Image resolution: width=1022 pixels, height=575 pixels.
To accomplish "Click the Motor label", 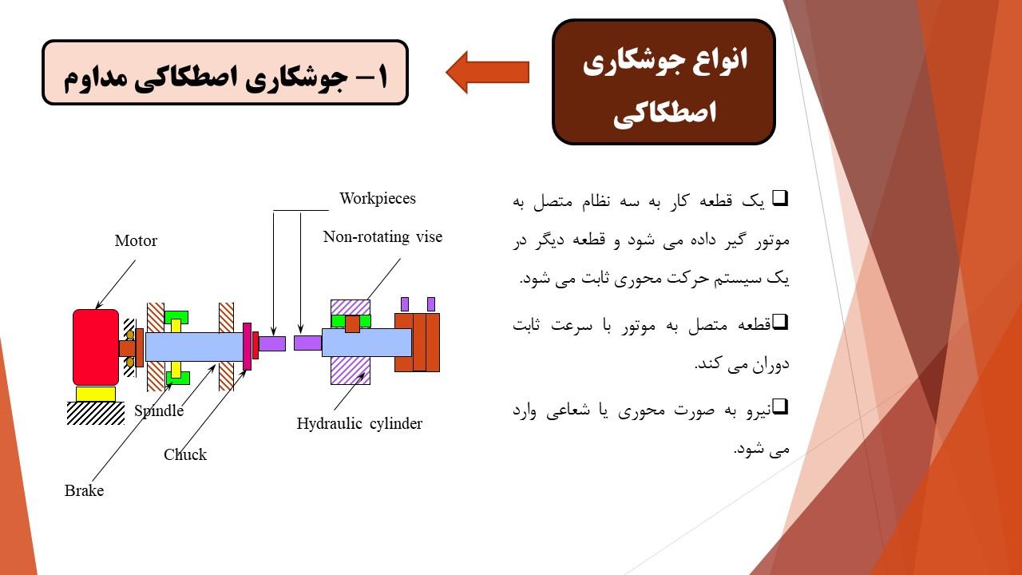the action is pyautogui.click(x=136, y=240).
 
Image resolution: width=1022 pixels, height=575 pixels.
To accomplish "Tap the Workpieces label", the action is pyautogui.click(x=378, y=199).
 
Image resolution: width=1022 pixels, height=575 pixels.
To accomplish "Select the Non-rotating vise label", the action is pyautogui.click(x=382, y=237).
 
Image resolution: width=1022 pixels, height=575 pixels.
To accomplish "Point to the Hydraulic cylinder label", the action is pyautogui.click(x=359, y=423).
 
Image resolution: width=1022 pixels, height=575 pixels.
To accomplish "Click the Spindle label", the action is pyautogui.click(x=159, y=410).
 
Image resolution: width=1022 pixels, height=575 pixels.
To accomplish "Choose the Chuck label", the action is pyautogui.click(x=185, y=454).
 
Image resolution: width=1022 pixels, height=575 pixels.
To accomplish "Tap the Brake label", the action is pyautogui.click(x=84, y=490).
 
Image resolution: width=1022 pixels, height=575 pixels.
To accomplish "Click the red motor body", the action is pyautogui.click(x=96, y=347).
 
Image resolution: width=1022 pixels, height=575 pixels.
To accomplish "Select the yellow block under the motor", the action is pyautogui.click(x=95, y=394).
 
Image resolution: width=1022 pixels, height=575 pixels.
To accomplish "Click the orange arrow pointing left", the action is pyautogui.click(x=487, y=72).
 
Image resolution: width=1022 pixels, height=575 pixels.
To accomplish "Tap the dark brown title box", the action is pyautogui.click(x=664, y=82).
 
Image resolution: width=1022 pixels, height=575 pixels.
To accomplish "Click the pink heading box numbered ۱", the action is pyautogui.click(x=225, y=73).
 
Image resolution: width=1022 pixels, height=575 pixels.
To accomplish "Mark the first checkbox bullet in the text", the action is pyautogui.click(x=780, y=198).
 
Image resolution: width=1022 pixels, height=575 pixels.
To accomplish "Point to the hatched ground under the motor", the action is pyautogui.click(x=95, y=414).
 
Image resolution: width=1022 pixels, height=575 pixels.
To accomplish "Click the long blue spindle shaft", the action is pyautogui.click(x=194, y=347).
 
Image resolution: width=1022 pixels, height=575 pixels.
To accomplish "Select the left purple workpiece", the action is pyautogui.click(x=272, y=343).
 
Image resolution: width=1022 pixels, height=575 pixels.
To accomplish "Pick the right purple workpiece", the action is pyautogui.click(x=308, y=343).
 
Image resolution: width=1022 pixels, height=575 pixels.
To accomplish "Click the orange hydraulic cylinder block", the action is pyautogui.click(x=417, y=343).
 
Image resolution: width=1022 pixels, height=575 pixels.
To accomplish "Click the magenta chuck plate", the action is pyautogui.click(x=247, y=347).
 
